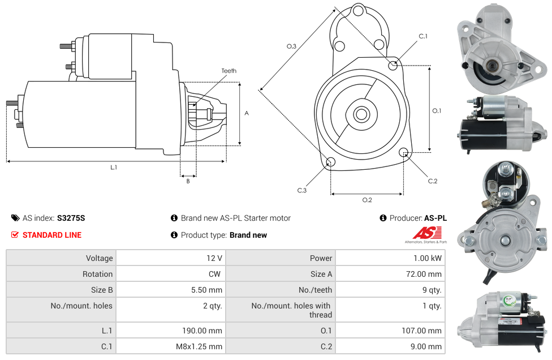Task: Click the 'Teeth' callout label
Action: (228, 71)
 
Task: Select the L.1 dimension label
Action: (114, 167)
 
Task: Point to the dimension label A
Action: (247, 113)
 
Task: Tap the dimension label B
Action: (188, 181)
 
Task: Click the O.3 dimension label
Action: (292, 46)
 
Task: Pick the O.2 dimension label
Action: (367, 200)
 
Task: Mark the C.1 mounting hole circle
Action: (394, 65)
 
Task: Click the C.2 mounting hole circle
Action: (404, 152)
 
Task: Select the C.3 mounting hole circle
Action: (330, 163)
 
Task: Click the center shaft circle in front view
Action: (361, 114)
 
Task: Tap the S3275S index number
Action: (71, 218)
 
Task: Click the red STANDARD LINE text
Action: (52, 235)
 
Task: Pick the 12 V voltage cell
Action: (214, 258)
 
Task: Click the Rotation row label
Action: (97, 274)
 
